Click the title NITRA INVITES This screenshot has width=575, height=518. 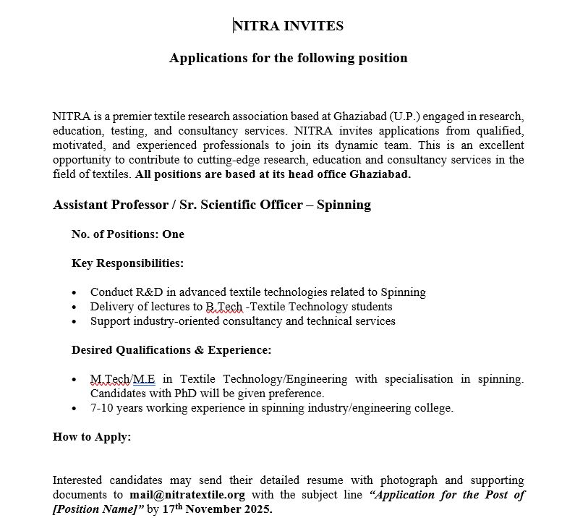pyautogui.click(x=289, y=26)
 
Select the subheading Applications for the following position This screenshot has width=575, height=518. pyautogui.click(x=289, y=58)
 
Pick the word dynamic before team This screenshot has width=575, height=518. pyautogui.click(x=375, y=145)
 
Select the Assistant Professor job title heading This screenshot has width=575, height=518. pyautogui.click(x=212, y=205)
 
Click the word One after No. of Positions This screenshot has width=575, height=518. pyautogui.click(x=173, y=234)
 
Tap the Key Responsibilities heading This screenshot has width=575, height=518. pyautogui.click(x=127, y=263)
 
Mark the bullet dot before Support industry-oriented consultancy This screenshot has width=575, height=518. pyautogui.click(x=75, y=322)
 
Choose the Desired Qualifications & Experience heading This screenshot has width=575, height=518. pyautogui.click(x=171, y=350)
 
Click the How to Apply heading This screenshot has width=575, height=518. pyautogui.click(x=92, y=437)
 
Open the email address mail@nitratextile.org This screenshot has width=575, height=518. pyautogui.click(x=186, y=496)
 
